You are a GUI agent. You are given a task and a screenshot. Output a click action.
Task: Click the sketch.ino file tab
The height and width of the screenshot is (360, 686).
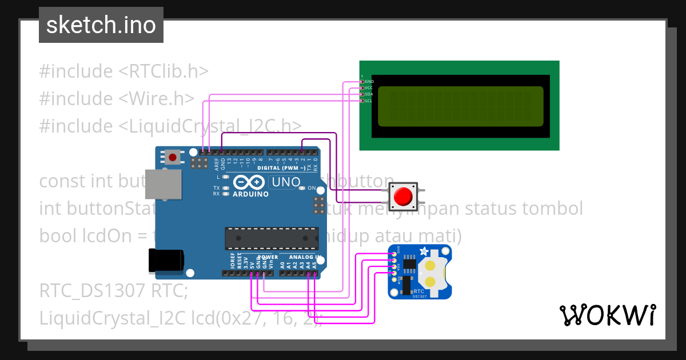click(x=101, y=25)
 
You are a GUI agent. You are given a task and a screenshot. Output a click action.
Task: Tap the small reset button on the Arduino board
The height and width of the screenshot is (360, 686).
click(x=173, y=157)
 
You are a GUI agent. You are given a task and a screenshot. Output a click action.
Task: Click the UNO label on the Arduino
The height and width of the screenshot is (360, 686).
click(x=285, y=182)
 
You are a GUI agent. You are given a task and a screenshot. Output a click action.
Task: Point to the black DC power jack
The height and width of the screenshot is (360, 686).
click(x=165, y=260)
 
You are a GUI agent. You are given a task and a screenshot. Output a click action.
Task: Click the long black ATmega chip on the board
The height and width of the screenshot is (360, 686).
click(x=272, y=238)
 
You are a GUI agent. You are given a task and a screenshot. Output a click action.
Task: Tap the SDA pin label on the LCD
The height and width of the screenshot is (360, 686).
click(x=369, y=94)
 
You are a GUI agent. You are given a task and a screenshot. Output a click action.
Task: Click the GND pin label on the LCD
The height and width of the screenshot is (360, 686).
click(x=369, y=82)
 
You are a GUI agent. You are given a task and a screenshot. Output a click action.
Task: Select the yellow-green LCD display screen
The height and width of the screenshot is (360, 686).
click(x=460, y=106)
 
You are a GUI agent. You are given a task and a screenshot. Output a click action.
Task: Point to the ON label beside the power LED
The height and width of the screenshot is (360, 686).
click(x=312, y=188)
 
